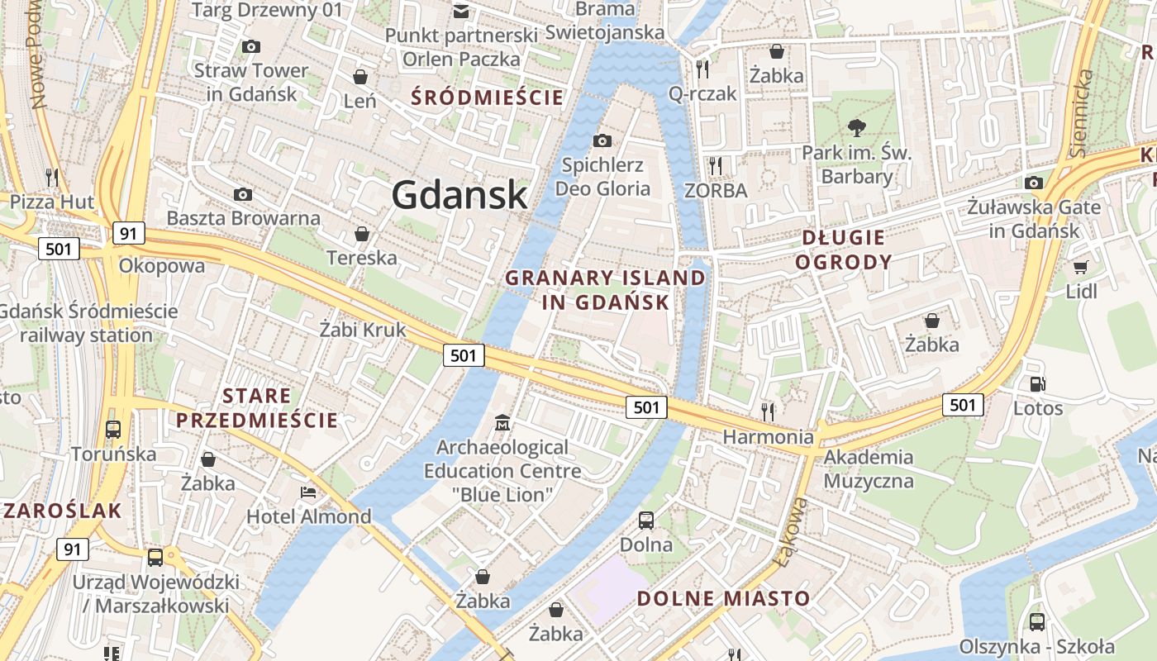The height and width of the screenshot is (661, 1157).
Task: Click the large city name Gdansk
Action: (459, 195)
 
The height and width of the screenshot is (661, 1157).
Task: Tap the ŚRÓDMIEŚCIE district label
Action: (488, 97)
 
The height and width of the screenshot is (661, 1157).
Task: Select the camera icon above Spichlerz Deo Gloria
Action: (602, 140)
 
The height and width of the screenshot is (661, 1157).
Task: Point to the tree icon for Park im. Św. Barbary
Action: (857, 127)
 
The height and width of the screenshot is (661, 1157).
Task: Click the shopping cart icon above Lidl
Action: (1080, 267)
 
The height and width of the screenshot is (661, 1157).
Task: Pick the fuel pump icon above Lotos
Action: (1037, 383)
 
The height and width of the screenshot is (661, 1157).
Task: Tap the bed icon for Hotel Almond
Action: (308, 492)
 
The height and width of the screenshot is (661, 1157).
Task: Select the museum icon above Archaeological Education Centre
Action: (502, 423)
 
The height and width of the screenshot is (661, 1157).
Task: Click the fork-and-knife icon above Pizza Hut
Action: (52, 176)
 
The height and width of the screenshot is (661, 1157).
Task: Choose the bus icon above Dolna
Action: (646, 521)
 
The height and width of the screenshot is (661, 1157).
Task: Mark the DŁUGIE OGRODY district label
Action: (847, 250)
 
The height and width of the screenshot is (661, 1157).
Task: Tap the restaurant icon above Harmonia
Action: (769, 411)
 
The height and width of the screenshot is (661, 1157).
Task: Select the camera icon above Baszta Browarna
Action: (243, 194)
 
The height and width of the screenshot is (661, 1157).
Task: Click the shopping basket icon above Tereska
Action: (361, 234)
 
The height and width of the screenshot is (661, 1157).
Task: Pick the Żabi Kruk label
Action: (363, 330)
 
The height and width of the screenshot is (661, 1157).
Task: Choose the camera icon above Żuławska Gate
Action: (1034, 183)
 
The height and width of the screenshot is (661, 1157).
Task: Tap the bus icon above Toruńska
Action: (113, 430)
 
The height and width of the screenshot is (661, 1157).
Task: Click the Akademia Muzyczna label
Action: (869, 468)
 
